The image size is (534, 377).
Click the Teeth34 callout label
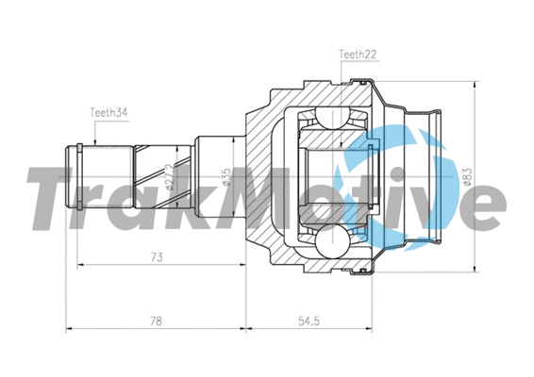108,112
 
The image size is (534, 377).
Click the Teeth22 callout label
358,56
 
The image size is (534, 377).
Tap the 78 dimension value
155,320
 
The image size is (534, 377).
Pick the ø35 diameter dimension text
226,175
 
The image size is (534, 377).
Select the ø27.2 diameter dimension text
170,176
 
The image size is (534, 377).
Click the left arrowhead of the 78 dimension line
69,329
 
